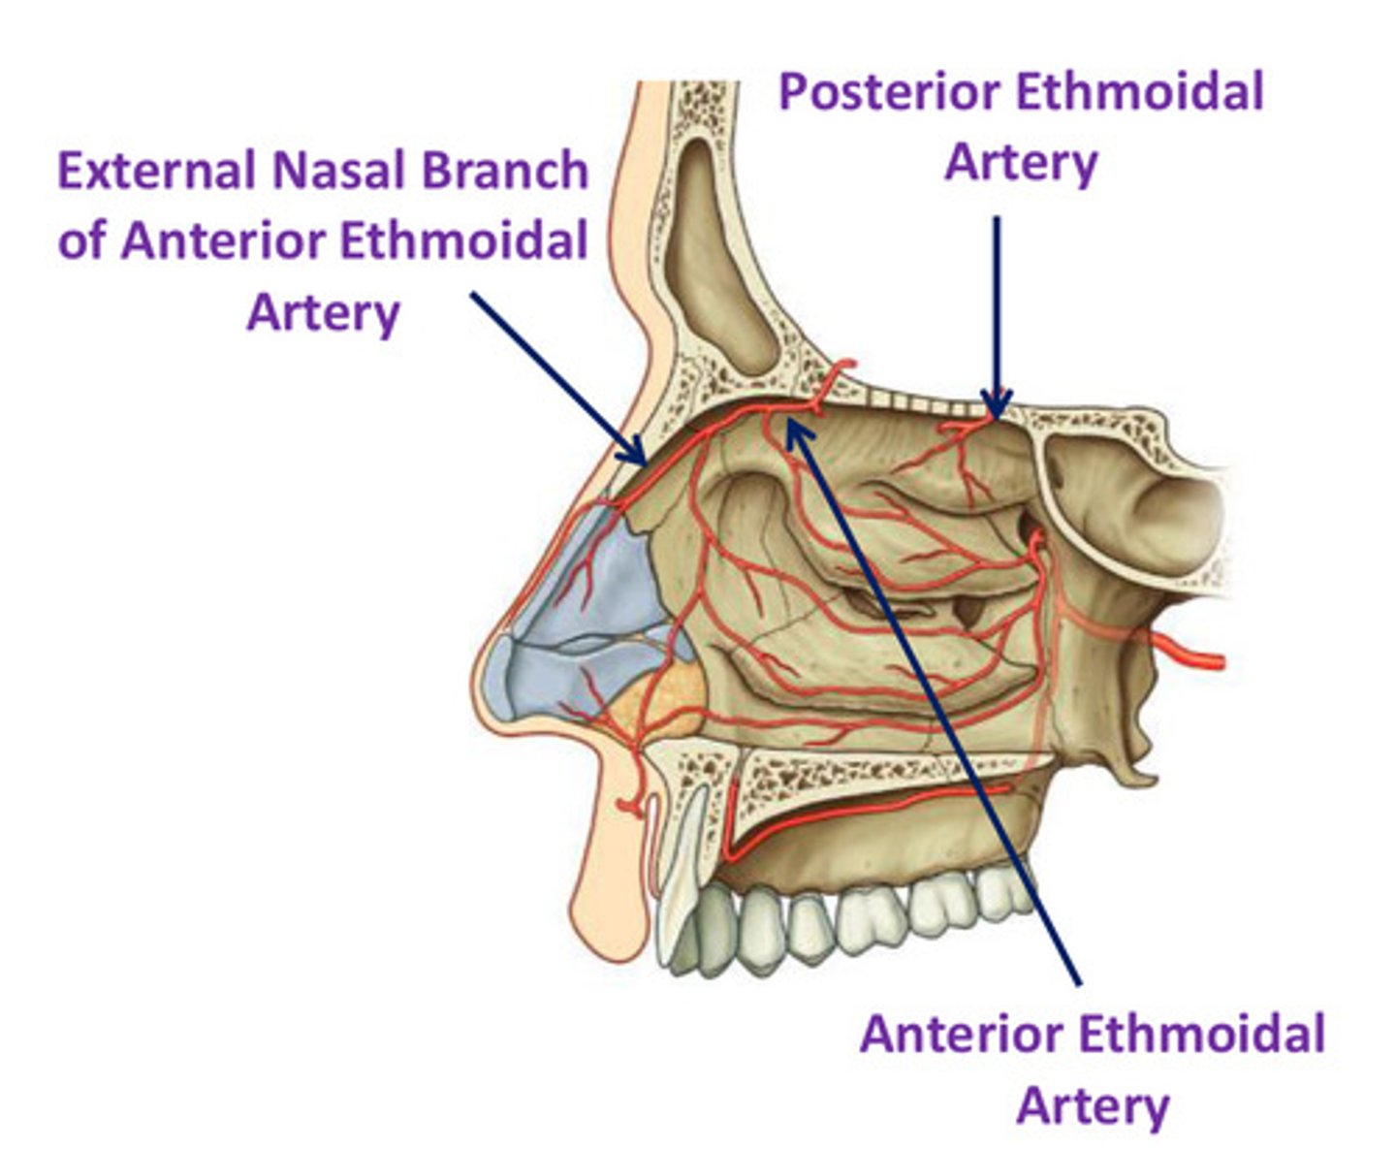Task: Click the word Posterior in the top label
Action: pos(890,94)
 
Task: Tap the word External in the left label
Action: pos(156,172)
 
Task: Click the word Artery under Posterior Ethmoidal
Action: pos(1021,163)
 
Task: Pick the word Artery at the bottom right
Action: pos(1093,1106)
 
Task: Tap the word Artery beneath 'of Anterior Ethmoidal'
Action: pos(323,313)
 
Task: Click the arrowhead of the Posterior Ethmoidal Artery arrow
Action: pos(996,407)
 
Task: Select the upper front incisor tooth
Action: pos(682,873)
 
